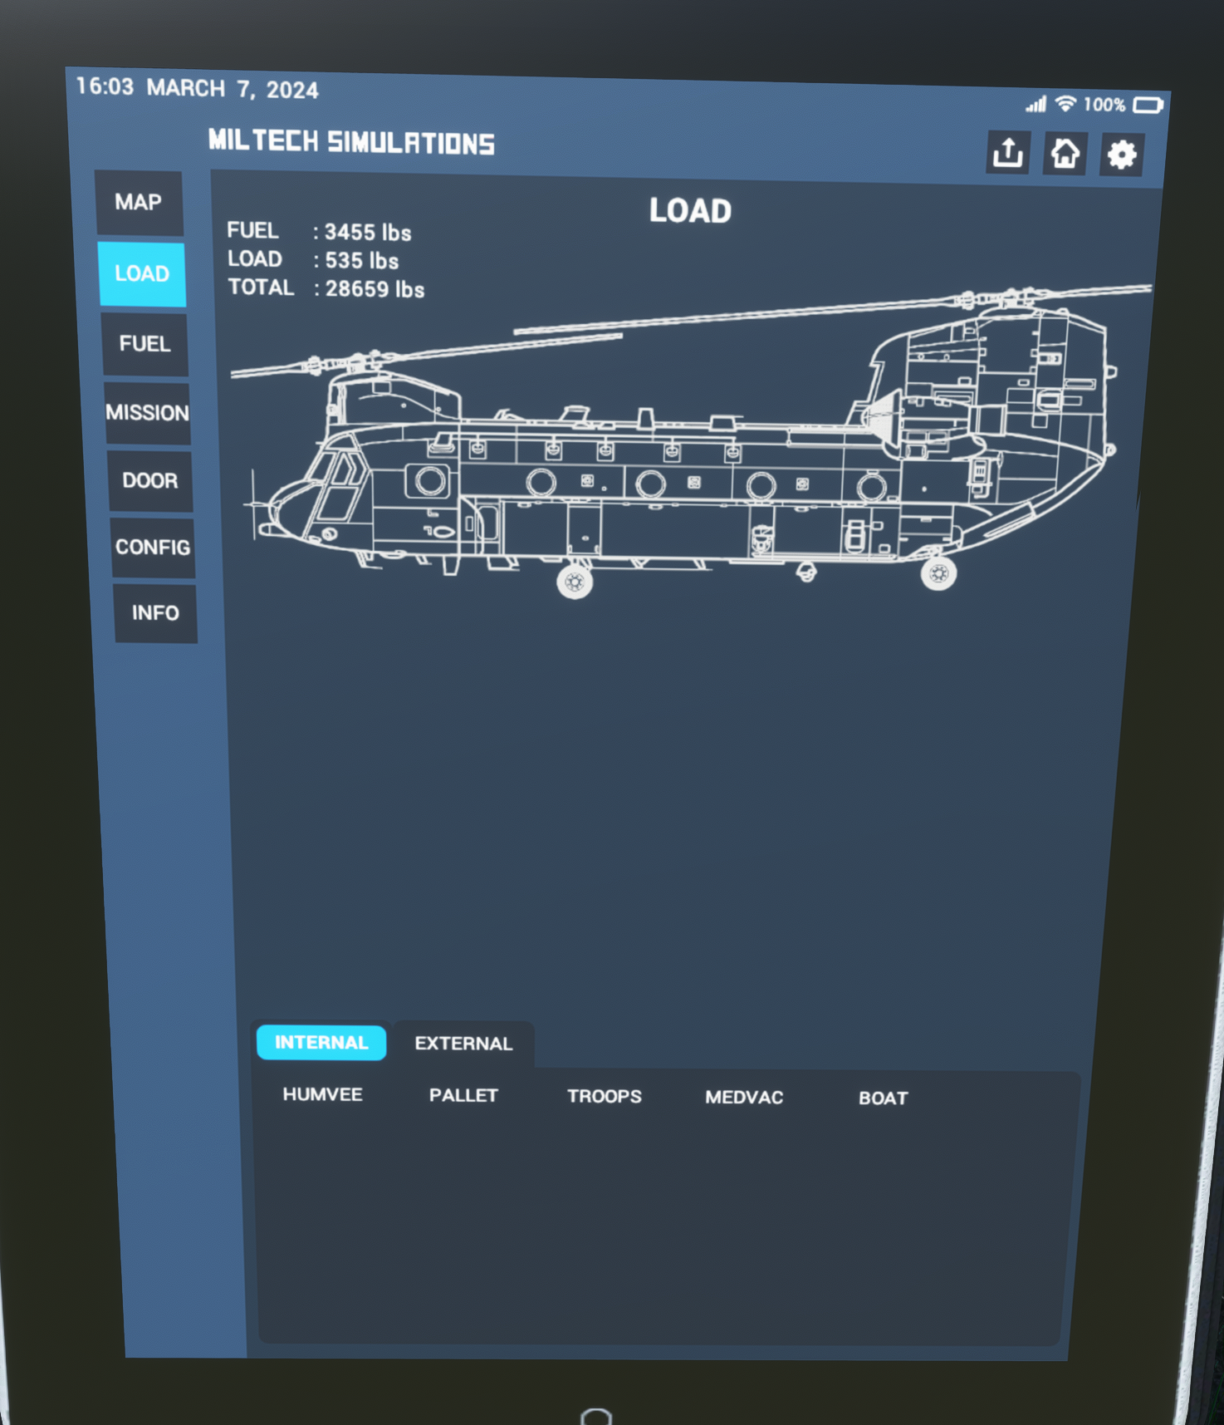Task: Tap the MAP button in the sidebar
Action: coord(139,203)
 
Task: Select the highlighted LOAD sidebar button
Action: coord(142,274)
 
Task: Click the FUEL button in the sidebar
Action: coord(144,344)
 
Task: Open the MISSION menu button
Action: coord(147,413)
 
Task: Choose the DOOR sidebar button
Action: coord(150,481)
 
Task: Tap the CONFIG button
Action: coord(153,548)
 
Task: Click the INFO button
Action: coord(155,613)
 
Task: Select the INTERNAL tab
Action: coord(321,1043)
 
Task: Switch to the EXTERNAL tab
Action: coord(463,1044)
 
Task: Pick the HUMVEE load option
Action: coord(322,1094)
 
